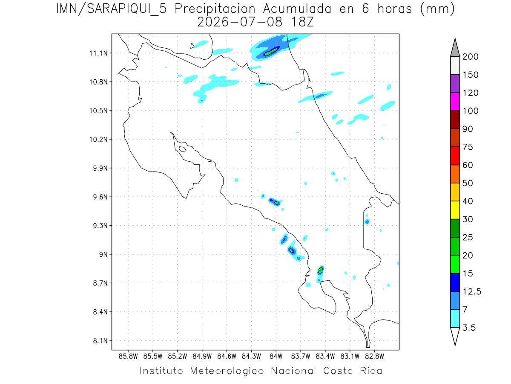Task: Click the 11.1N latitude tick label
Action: tap(98, 53)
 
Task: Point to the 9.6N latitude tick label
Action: tap(100, 197)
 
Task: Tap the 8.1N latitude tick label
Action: tap(100, 340)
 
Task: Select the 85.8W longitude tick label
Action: tap(128, 357)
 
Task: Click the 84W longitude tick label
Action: tap(276, 357)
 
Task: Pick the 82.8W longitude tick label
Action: tap(375, 357)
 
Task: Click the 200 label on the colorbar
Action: tap(470, 57)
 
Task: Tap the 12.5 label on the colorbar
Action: tap(472, 292)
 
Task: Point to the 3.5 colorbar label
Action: tap(469, 328)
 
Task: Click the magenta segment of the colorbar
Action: tap(455, 102)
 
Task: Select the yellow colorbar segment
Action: tap(455, 210)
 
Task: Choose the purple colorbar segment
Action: tap(455, 84)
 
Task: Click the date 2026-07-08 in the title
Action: tap(240, 22)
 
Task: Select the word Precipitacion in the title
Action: tap(215, 9)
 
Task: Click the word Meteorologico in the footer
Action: tap(227, 371)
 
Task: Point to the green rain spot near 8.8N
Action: tap(320, 271)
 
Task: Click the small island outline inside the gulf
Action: tap(183, 149)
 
